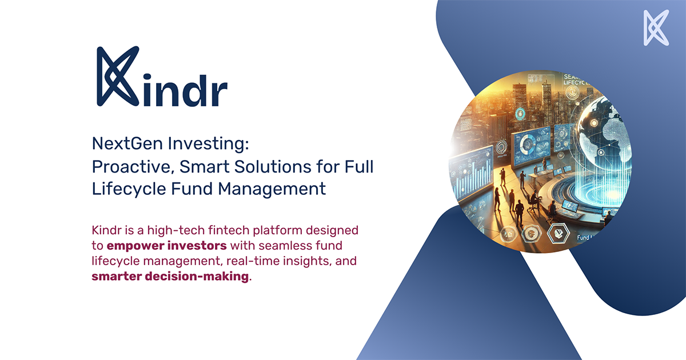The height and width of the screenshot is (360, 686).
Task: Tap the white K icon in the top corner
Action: [656, 27]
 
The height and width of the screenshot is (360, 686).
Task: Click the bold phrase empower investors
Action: [167, 246]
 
